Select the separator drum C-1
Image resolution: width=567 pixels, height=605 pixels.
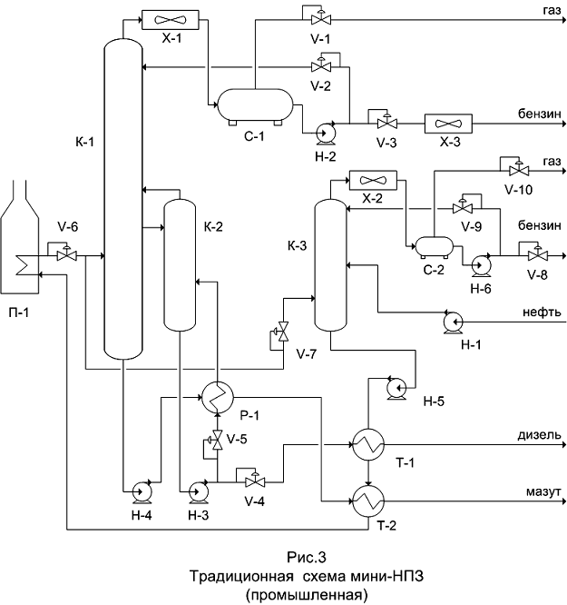[x=253, y=104]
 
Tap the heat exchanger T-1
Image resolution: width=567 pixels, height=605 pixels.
[x=368, y=444]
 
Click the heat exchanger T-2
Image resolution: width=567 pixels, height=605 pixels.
[x=368, y=498]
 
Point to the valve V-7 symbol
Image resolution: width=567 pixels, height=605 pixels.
[x=282, y=332]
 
